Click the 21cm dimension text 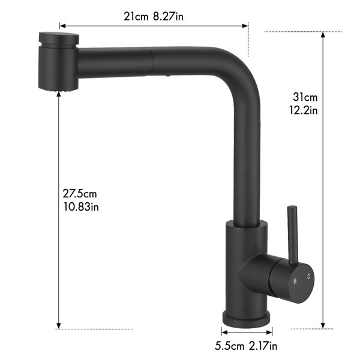click(136, 17)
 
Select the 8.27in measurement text click(168, 17)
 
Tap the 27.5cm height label click(80, 194)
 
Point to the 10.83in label click(81, 207)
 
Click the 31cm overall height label click(305, 97)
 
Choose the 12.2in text click(303, 110)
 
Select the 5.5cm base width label click(229, 346)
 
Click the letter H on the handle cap click(295, 281)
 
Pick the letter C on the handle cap click(308, 277)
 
